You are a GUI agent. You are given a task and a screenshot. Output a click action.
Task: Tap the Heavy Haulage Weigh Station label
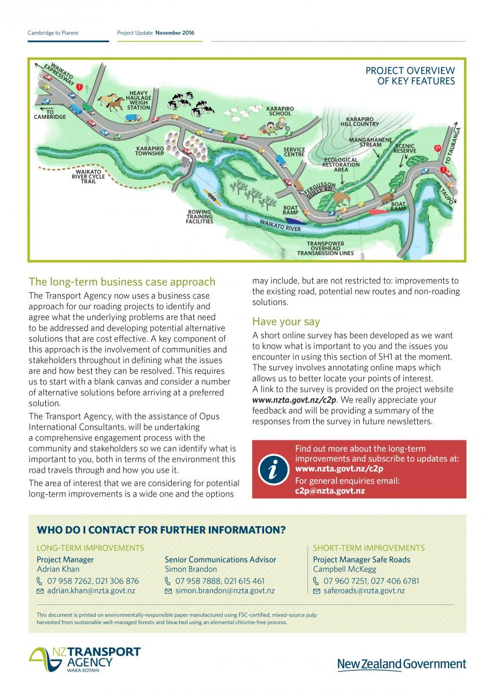coord(139,100)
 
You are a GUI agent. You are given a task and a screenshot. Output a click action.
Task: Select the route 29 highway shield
coord(437,148)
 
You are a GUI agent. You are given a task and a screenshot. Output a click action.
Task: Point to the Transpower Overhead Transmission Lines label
coord(325,248)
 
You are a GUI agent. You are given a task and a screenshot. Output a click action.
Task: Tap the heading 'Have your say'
coord(285,321)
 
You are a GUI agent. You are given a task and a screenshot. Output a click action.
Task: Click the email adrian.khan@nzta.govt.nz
coord(91,591)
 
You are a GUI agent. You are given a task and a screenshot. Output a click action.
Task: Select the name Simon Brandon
coord(183,570)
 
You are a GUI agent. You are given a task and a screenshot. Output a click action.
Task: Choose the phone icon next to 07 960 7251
coord(316,581)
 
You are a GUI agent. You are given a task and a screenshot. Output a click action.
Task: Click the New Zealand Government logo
coord(401,664)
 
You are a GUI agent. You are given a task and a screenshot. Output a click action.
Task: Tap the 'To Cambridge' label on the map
coord(50,114)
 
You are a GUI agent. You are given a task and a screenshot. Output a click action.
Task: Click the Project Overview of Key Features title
coord(410,76)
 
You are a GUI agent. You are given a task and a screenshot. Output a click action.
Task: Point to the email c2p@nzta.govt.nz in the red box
coord(330,491)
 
